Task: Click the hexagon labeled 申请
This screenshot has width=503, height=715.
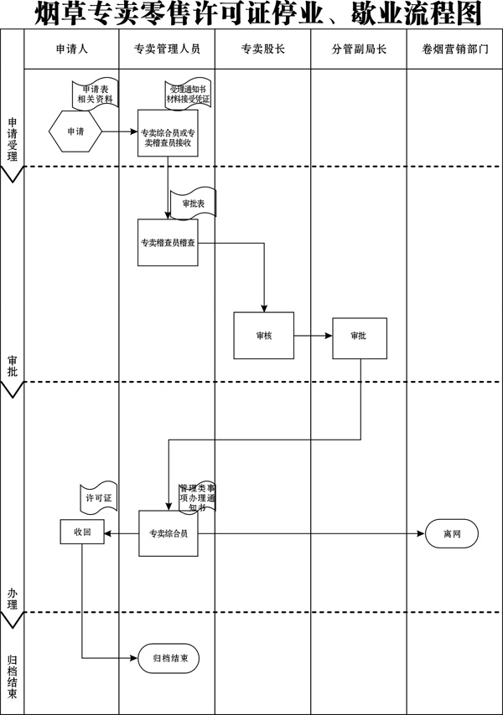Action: coord(75,131)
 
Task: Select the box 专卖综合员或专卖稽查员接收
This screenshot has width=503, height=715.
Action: coord(168,133)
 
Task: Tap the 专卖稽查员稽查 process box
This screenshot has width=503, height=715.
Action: coord(168,243)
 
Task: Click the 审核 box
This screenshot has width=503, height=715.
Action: coord(264,336)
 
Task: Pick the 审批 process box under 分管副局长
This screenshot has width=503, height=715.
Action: coord(360,338)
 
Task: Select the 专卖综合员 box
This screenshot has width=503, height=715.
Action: coord(169,533)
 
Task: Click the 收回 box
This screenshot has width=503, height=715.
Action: coord(82,532)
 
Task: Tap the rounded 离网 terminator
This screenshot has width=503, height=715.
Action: coord(452,533)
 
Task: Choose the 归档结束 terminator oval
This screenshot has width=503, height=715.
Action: coord(169,658)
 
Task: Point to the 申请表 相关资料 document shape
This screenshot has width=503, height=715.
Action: coord(96,94)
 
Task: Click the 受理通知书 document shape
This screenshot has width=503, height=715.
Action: coord(188,95)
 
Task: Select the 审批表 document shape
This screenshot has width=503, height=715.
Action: coord(193,203)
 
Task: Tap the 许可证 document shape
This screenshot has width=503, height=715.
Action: coord(99,497)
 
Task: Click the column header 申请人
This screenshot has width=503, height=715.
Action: coord(71,49)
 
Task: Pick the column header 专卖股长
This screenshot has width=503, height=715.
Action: coord(263,49)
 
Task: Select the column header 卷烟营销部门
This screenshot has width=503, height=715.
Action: coord(455,49)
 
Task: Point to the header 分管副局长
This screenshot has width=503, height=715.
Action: coord(359,49)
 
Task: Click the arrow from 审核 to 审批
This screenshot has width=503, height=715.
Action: coord(314,336)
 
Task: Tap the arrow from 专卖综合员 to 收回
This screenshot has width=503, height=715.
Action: coord(122,533)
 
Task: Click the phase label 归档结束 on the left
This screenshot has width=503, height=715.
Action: coord(13,677)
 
